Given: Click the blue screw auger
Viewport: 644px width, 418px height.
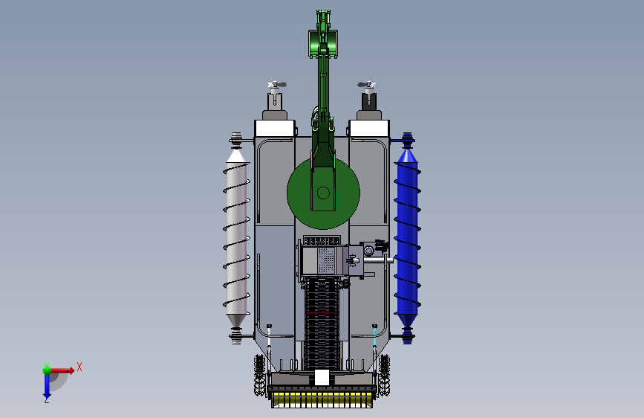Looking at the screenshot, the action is (x=406, y=239).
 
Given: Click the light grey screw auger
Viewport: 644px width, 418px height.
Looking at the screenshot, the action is (x=236, y=239).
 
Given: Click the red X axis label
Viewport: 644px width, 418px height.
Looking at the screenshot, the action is (x=79, y=367).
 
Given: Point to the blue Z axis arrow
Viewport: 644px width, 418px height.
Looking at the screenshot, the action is (x=47, y=387).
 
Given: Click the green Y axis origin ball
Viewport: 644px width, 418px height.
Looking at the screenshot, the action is (x=47, y=370).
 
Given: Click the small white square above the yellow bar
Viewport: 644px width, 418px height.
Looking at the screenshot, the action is (x=322, y=377).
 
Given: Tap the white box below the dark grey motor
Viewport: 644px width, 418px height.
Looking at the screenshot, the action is (x=369, y=129).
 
